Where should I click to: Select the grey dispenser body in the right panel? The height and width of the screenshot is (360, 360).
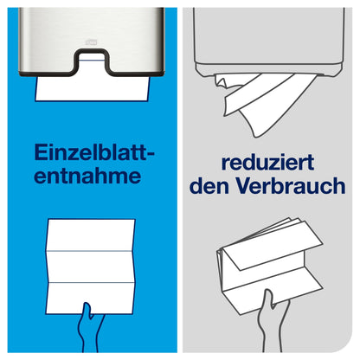[268, 35]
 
